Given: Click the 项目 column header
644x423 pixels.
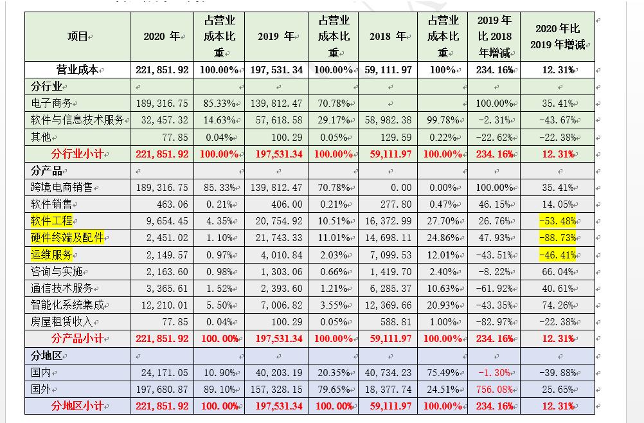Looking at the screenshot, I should pos(76,37).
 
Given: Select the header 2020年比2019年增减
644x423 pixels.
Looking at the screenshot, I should pos(557,37).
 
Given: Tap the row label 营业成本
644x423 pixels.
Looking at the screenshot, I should pos(76,69).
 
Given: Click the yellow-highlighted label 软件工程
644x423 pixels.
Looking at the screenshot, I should pos(52,221).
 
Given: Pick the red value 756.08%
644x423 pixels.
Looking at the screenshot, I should pos(494,389).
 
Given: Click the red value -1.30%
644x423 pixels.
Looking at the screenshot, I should pos(494,372).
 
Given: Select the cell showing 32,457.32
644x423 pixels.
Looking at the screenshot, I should pos(162,120).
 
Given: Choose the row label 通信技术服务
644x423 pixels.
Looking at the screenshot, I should pos(62,288).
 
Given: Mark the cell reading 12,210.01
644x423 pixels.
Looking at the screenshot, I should pos(162,305).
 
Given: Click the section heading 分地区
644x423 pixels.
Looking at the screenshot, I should pos(46,355).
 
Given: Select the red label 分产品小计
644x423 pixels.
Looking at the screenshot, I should pos(76,338).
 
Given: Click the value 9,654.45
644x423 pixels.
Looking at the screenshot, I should pos(162,221).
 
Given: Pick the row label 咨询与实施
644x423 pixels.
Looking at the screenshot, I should pos(57,271).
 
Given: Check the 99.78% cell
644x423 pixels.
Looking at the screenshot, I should pos(443,120).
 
